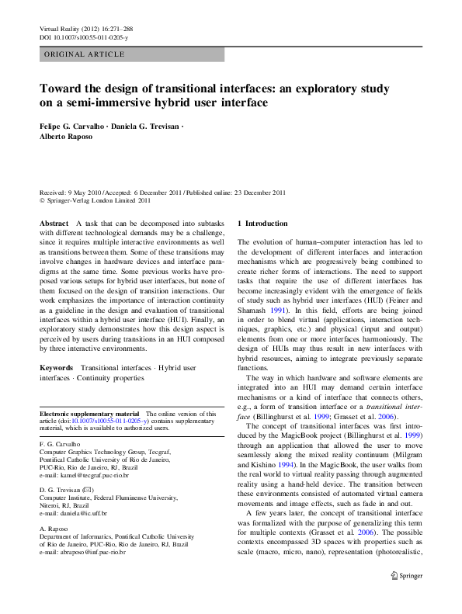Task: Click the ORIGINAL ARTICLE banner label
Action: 85,54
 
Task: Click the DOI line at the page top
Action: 84,36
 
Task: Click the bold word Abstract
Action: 54,224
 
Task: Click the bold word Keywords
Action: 57,366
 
